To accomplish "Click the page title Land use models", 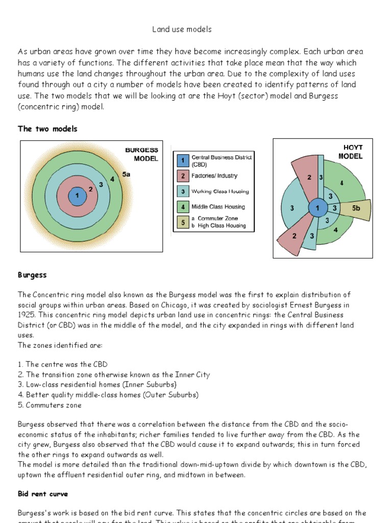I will click(182, 30).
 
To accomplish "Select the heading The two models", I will click(47, 129).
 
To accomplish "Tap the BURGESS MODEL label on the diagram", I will click(142, 154).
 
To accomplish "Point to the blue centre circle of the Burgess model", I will click(77, 195).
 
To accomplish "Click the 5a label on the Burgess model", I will click(127, 174).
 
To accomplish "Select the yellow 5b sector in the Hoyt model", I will click(356, 208).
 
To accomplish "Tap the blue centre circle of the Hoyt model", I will click(317, 208).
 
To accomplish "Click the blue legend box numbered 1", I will click(182, 161).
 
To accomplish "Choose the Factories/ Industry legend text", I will click(214, 176).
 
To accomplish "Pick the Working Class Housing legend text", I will click(220, 192).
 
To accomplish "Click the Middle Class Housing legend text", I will click(218, 207).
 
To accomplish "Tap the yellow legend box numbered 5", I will click(182, 222).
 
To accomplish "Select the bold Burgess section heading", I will click(32, 275).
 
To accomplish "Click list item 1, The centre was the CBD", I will click(62, 364).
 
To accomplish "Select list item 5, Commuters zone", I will click(50, 405).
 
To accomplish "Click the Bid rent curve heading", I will click(43, 494).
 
